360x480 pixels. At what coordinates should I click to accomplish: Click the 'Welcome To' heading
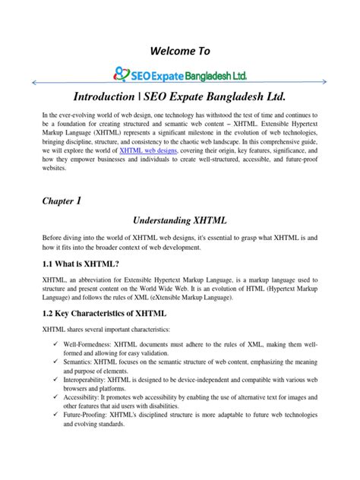click(179, 51)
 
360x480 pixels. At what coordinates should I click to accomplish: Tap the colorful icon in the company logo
click(120, 74)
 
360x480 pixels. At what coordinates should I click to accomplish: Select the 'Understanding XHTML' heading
click(179, 219)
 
